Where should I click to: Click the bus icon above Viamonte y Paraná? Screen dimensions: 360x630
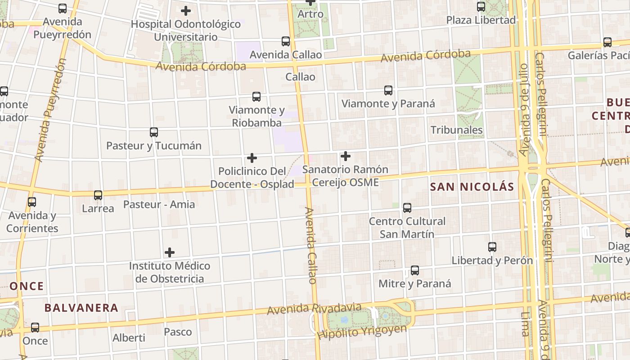tap(388, 90)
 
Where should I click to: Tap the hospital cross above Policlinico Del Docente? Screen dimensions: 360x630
tap(252, 158)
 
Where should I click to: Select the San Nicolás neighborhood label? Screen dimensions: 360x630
tap(472, 187)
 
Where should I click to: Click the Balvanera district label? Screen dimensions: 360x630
tap(81, 308)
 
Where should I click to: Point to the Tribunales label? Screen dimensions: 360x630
tap(456, 130)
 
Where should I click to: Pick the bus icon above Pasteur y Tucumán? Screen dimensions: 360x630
tap(154, 132)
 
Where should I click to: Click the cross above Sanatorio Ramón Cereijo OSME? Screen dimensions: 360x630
tap(346, 156)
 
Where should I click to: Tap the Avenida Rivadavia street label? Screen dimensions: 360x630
tap(314, 309)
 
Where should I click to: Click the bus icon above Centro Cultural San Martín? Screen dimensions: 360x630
tap(407, 207)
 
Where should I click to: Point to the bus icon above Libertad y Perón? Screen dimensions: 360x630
tap(492, 247)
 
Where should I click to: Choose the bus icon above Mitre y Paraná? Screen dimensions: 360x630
tap(415, 270)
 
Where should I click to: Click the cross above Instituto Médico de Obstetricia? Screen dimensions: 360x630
tap(170, 252)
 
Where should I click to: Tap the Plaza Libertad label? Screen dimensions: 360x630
tap(481, 20)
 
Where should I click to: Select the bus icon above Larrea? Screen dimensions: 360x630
tap(98, 195)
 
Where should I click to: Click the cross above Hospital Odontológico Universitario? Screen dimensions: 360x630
tap(186, 11)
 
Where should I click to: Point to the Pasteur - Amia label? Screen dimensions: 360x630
tap(159, 204)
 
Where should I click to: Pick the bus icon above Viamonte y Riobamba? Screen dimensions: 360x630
tap(256, 96)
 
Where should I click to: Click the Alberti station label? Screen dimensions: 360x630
tap(129, 337)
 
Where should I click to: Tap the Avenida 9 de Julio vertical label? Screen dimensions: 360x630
tap(524, 110)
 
